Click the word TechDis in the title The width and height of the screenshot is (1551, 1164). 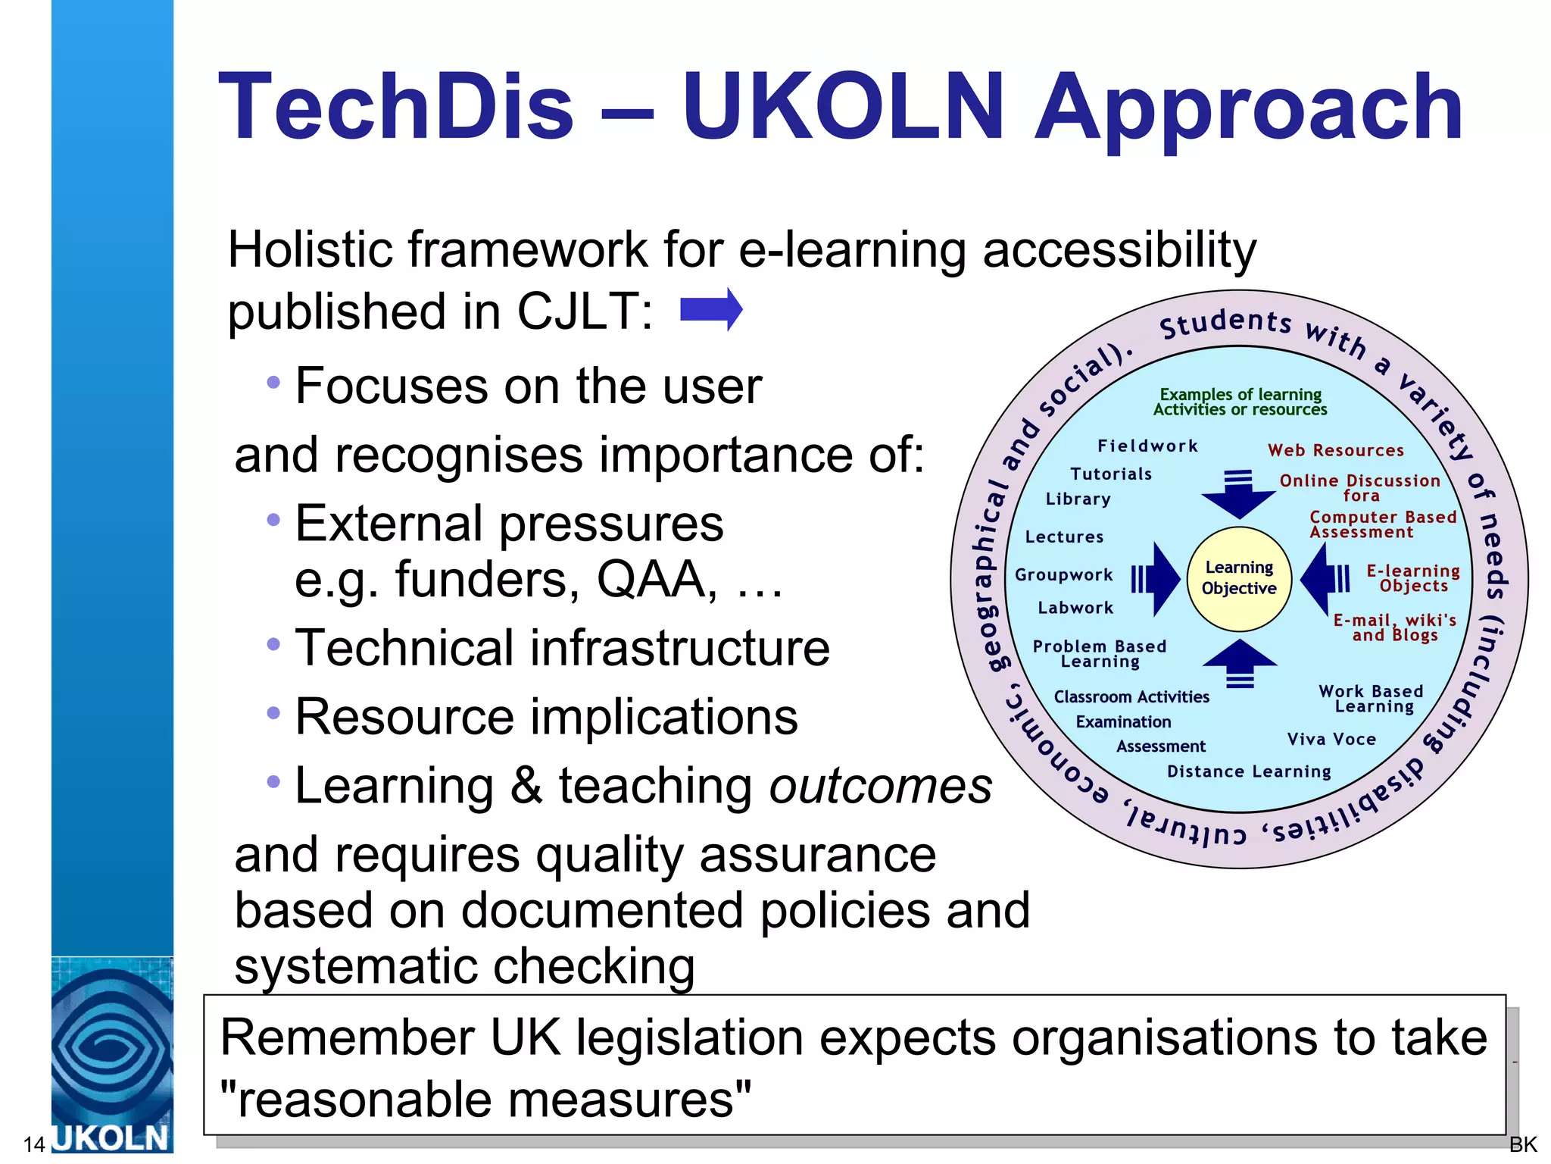(x=395, y=108)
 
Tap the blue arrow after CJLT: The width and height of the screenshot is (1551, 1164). (x=711, y=310)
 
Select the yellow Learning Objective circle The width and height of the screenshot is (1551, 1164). (x=1239, y=579)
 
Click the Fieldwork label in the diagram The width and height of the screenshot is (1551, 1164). (x=1147, y=446)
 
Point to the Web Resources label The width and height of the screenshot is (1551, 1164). (x=1336, y=451)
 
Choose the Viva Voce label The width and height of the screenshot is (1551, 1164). (x=1331, y=740)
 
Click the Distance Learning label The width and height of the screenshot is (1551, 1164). (x=1249, y=772)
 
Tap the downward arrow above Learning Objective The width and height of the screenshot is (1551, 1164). (x=1239, y=496)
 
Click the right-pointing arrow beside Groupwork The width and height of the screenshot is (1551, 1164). (x=1157, y=579)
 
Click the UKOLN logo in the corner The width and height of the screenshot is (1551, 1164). (x=111, y=1056)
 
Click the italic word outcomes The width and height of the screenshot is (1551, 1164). (x=880, y=786)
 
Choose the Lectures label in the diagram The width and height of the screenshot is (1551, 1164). (x=1064, y=537)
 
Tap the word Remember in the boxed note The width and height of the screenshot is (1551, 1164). (x=347, y=1037)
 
